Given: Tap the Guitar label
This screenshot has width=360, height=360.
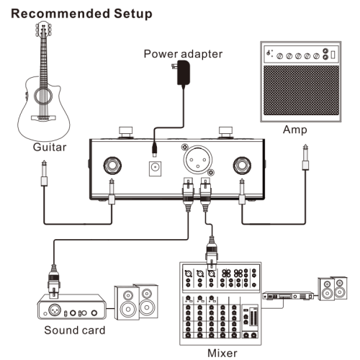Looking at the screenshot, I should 50,148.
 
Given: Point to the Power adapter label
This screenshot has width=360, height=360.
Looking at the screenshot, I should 183,54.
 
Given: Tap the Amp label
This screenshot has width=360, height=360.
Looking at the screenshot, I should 294,130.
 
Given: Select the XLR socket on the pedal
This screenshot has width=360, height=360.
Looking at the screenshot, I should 198,158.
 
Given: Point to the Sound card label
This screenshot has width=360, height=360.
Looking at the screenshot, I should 74,331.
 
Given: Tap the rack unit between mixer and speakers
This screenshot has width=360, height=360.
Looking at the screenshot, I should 289,294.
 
